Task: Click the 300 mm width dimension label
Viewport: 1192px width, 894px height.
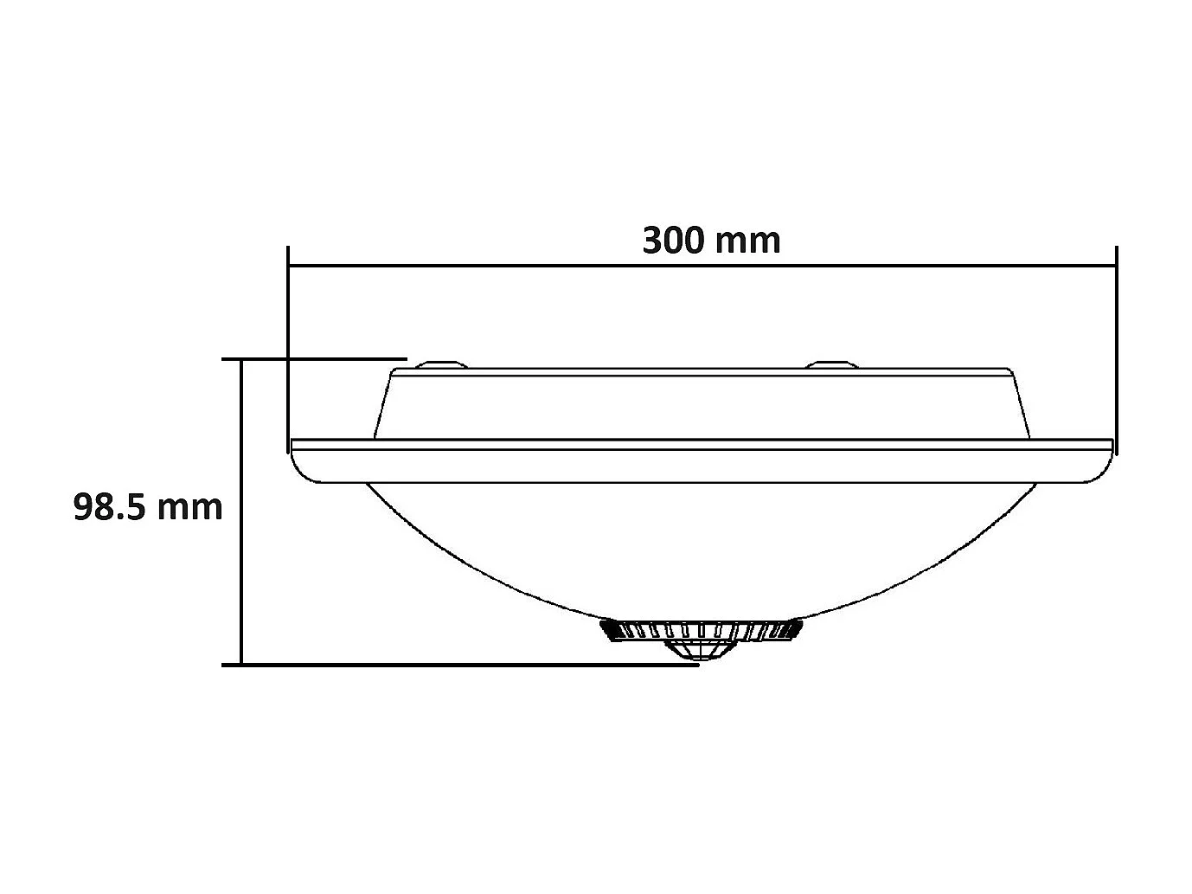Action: pos(711,240)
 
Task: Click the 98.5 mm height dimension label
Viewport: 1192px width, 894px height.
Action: pos(148,507)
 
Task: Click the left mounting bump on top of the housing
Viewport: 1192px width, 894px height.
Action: pos(441,364)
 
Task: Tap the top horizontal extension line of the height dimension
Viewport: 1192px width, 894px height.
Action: pos(316,357)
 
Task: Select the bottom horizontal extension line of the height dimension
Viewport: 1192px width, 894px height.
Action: pos(458,665)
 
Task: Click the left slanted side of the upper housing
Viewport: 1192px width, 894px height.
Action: pos(383,405)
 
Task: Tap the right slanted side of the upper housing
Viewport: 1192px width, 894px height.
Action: pos(1022,405)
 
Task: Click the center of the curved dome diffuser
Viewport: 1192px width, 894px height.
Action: pos(701,545)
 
